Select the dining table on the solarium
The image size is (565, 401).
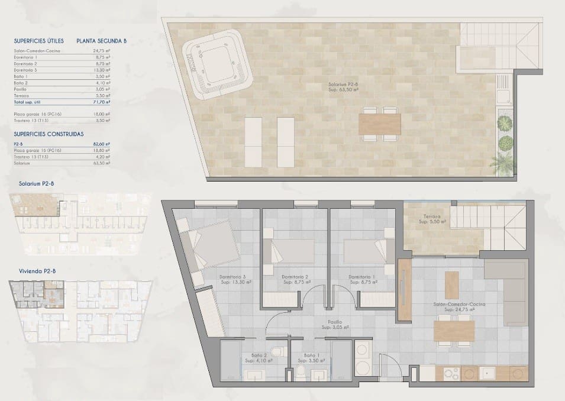point(379,124)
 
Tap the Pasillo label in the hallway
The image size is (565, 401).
point(334,324)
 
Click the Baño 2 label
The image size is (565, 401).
point(259,357)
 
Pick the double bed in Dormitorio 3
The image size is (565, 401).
point(210,246)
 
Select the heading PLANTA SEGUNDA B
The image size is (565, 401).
point(101,41)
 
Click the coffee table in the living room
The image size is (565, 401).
point(451,284)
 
